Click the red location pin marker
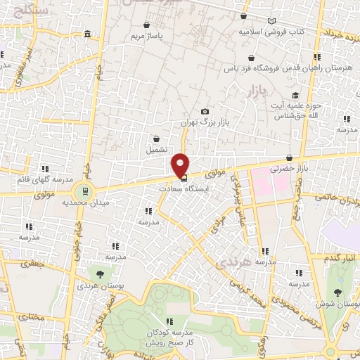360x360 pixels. (x=181, y=165)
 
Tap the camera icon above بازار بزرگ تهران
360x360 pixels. (x=205, y=112)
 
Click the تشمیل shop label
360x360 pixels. (x=157, y=150)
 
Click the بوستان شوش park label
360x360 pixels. (x=339, y=304)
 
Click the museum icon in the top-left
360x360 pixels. (x=86, y=34)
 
